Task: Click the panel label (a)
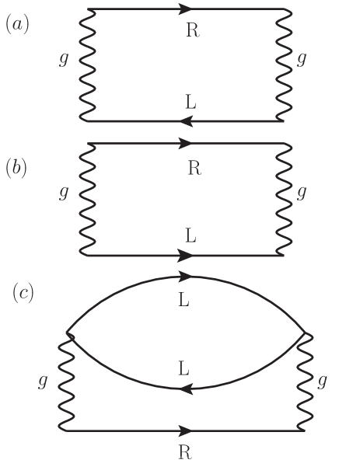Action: click(x=17, y=25)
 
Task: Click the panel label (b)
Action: click(x=17, y=168)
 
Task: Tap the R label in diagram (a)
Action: click(x=193, y=30)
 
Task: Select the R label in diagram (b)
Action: click(x=194, y=168)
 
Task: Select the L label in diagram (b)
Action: click(x=191, y=233)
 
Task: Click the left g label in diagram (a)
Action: click(x=63, y=60)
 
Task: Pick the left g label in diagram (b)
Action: click(x=63, y=193)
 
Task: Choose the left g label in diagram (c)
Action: click(x=43, y=382)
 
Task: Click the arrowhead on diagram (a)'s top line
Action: click(x=186, y=9)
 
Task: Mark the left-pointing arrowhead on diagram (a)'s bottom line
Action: click(x=185, y=120)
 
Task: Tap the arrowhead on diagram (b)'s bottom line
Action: click(x=186, y=255)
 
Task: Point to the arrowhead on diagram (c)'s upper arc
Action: click(x=185, y=276)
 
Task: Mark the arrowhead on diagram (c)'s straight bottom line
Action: click(x=186, y=430)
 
